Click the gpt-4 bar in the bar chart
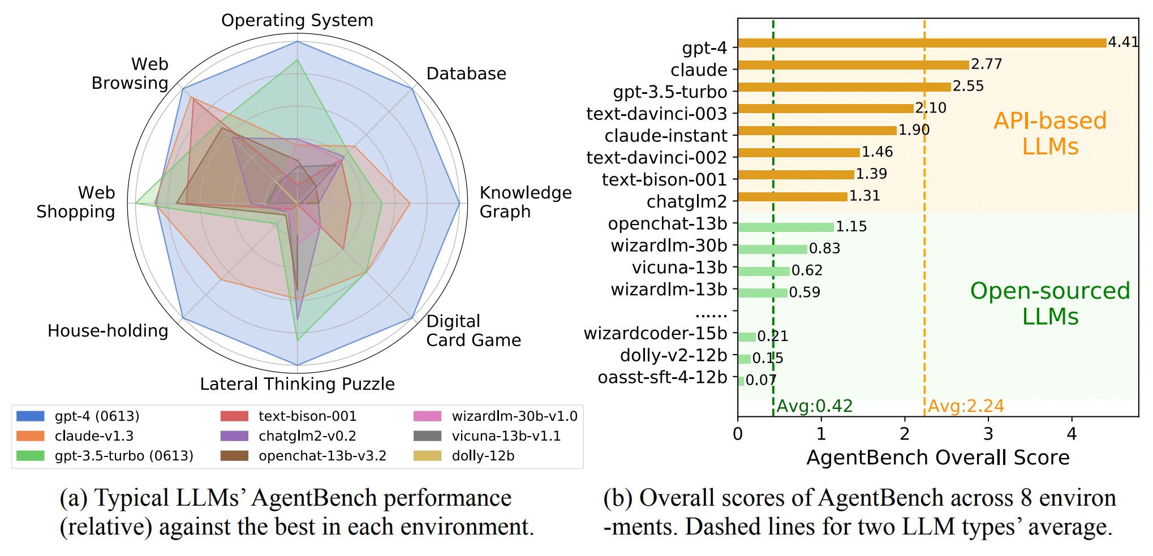pos(922,43)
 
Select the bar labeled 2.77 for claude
pos(853,65)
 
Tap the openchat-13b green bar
pos(786,227)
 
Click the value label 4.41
pos(1123,42)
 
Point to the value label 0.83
pos(824,248)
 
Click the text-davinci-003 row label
pos(656,114)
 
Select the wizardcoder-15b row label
pos(655,334)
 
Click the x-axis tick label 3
pos(988,434)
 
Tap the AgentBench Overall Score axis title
pos(937,458)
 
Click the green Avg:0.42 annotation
pos(814,406)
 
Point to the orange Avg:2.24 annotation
pos(966,406)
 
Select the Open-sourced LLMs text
pos(1050,304)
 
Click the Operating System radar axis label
pos(297,20)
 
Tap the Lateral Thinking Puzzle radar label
pos(297,384)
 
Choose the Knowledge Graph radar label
pos(525,202)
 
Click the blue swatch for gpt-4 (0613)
pos(31,416)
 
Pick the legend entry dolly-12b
pos(483,456)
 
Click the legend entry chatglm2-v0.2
pos(307,436)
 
